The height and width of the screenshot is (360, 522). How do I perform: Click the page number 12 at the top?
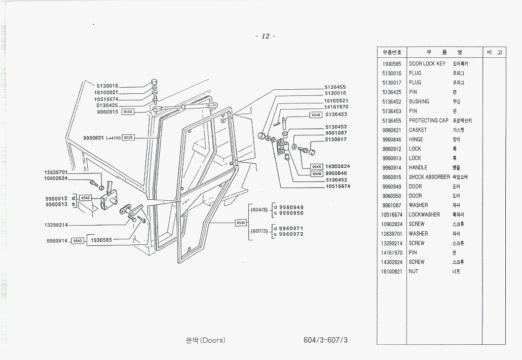265,36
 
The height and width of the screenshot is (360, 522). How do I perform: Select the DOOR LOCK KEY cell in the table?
427,64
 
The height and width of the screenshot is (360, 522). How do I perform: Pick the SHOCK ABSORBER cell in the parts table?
429,177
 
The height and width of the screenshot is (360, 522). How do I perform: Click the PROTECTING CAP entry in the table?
429,121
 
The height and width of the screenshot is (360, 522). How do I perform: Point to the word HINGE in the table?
416,139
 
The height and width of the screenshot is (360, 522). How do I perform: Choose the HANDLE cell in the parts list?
418,167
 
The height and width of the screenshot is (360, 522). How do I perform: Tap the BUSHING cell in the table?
419,101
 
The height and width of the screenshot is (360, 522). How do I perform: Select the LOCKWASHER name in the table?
424,214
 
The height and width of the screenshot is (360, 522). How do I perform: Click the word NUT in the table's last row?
414,271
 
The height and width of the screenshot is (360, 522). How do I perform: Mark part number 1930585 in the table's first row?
392,64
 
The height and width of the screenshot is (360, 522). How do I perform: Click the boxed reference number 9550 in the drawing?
128,112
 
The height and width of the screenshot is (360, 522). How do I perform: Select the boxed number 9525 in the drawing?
129,137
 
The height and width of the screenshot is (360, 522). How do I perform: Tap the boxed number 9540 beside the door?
241,223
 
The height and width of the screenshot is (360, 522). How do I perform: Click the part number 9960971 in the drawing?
291,229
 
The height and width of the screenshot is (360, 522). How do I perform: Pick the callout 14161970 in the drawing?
336,107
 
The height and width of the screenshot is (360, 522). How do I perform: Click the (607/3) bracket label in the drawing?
259,231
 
